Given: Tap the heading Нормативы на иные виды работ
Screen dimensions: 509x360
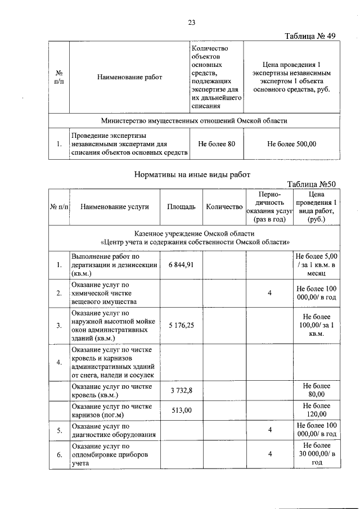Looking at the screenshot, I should (x=191, y=174).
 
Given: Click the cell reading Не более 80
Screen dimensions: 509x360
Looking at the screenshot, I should (x=217, y=144).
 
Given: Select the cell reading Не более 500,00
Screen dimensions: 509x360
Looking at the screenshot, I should (x=292, y=144).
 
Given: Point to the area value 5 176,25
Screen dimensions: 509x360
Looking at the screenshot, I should (x=181, y=325).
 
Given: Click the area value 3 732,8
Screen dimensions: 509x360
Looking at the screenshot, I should (x=181, y=391).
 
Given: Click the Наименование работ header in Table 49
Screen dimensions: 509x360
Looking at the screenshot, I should (x=129, y=77).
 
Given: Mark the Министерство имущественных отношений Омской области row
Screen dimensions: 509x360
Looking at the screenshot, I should (x=194, y=120).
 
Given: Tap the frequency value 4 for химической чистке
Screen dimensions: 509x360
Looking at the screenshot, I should (x=270, y=293).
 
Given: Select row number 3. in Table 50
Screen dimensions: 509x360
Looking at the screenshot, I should (x=58, y=325).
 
